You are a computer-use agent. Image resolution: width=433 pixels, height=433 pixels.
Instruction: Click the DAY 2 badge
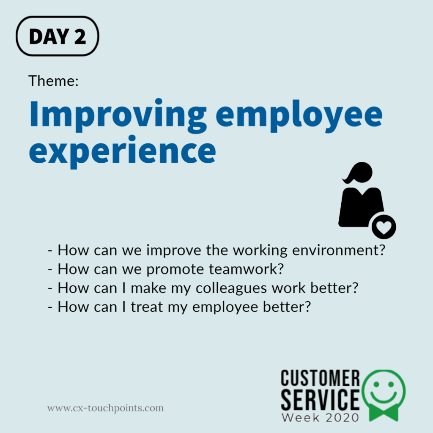click(57, 36)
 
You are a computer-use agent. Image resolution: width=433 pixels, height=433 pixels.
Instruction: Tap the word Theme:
click(53, 80)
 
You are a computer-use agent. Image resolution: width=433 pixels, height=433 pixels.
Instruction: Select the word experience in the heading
click(122, 152)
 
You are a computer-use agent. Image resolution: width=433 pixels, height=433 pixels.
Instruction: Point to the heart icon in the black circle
click(384, 227)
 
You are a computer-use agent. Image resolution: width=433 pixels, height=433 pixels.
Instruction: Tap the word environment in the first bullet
click(335, 250)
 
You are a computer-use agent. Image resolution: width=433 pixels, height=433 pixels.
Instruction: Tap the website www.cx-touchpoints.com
click(105, 408)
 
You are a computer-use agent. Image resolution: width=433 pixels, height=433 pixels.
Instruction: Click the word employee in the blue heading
click(300, 115)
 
